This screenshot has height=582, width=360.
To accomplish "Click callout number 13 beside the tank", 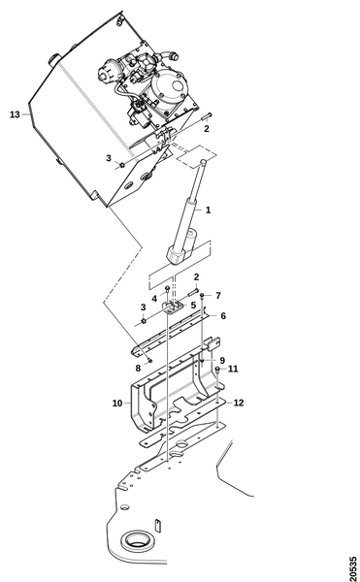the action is click(x=15, y=114).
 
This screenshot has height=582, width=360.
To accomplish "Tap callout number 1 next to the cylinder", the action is click(x=208, y=210).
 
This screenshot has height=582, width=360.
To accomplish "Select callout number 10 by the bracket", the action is click(x=117, y=403).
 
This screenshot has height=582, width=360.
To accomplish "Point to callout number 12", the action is click(x=239, y=403).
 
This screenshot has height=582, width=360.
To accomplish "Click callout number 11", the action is click(x=233, y=369).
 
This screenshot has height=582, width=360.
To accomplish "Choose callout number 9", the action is click(x=222, y=361).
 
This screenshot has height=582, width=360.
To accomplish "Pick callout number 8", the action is click(x=138, y=368).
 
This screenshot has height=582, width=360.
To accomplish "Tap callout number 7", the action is click(x=218, y=296).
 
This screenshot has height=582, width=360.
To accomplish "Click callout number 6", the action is click(x=223, y=316).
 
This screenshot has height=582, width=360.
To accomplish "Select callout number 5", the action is click(x=193, y=306).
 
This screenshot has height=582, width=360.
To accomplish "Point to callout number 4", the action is click(x=154, y=298).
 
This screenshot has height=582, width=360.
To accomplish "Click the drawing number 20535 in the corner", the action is click(x=353, y=568).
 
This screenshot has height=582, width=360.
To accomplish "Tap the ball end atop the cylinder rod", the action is click(x=204, y=162).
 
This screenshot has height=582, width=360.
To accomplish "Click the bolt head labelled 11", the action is click(x=217, y=369).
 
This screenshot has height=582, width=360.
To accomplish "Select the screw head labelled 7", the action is click(x=202, y=296).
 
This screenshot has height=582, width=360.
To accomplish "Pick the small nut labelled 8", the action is click(x=149, y=360).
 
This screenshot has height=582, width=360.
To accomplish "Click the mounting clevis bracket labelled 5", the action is click(x=172, y=307).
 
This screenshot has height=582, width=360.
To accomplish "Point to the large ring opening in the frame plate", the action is click(x=137, y=540).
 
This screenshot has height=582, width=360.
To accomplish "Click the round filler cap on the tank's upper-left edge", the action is click(x=53, y=60).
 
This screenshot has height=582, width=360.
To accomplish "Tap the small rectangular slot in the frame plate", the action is click(x=157, y=525).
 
